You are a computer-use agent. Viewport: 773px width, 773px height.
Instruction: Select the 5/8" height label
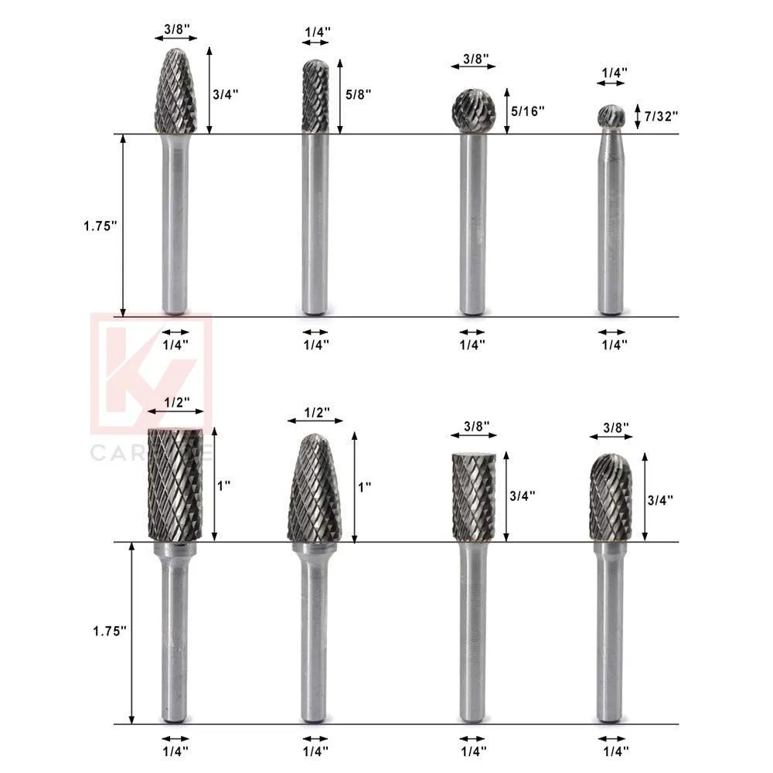[359, 94]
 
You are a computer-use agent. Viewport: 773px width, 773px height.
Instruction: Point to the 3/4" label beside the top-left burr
[225, 94]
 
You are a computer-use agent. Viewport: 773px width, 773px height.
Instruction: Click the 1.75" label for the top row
[100, 226]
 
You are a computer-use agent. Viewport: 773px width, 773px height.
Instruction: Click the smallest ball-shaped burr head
[610, 116]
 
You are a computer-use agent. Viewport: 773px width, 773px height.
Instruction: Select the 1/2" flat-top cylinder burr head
[175, 483]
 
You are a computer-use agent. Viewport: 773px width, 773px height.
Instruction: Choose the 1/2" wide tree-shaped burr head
[315, 489]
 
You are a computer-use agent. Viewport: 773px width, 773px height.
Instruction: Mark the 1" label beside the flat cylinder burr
[224, 485]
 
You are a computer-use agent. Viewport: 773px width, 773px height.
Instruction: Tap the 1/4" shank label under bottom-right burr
[615, 750]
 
